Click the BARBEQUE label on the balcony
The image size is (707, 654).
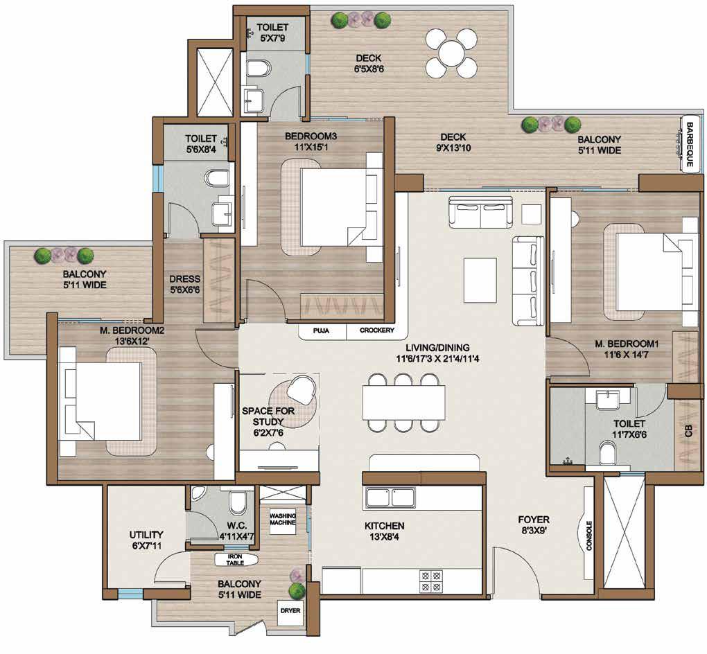point(689,144)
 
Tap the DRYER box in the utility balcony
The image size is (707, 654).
point(290,612)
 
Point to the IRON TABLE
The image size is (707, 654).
point(236,560)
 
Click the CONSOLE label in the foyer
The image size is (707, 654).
point(589,536)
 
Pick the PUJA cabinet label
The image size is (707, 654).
point(321,331)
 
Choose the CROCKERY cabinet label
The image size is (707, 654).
point(377,330)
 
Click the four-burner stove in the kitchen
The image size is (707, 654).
point(431,581)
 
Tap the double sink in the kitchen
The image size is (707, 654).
point(391,498)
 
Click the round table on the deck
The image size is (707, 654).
point(451,53)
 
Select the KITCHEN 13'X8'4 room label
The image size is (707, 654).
point(384,531)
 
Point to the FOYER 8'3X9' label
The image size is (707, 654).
point(534,525)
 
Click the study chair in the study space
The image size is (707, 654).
point(302,388)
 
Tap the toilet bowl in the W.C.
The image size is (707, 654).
point(237,503)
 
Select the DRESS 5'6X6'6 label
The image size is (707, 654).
point(185,285)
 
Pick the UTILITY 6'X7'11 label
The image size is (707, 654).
point(146,540)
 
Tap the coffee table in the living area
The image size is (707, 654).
point(480,280)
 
